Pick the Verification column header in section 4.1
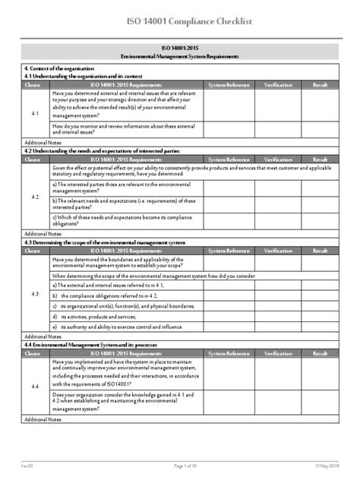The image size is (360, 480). coord(277,84)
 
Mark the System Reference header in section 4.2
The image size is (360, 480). coord(229,161)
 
